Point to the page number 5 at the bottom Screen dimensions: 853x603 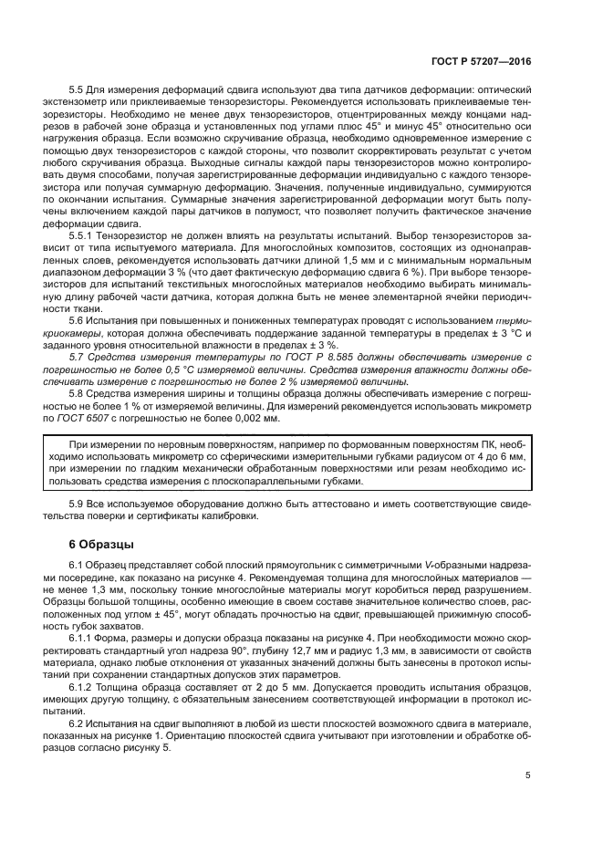(x=529, y=775)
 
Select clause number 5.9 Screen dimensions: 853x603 (x=78, y=503)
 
